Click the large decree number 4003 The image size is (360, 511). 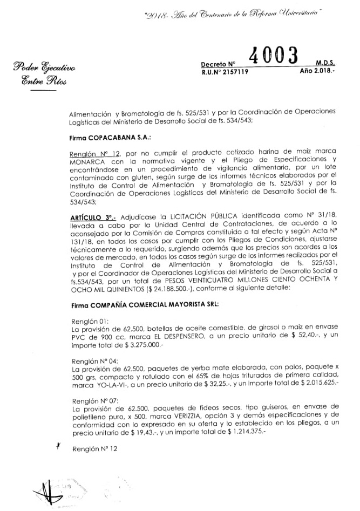[275, 57]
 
